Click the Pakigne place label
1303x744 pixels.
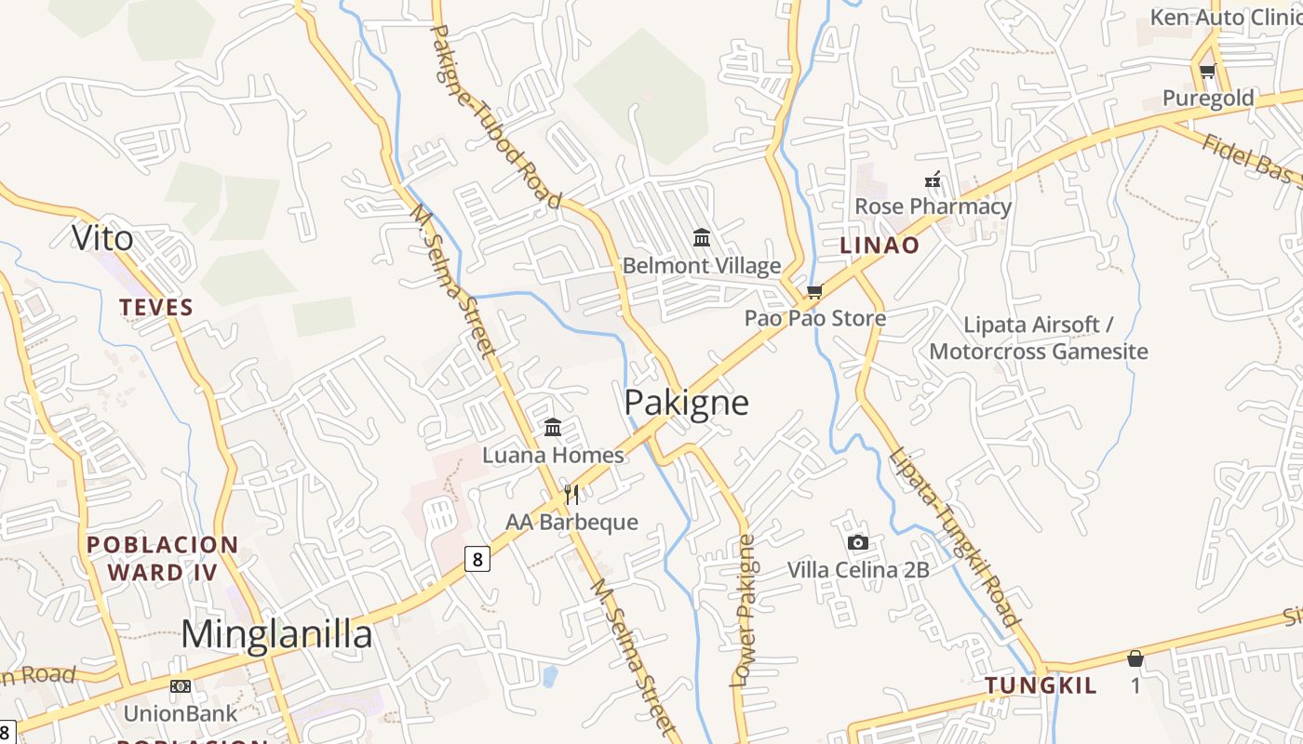pos(686,403)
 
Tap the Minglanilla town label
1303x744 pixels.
pos(276,634)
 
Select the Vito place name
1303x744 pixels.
pos(102,239)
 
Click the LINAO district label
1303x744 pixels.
pos(880,246)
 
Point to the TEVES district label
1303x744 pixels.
pos(156,308)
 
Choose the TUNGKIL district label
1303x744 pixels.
pos(1041,686)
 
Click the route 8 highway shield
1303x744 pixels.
pos(477,559)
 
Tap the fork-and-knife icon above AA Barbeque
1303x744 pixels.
pos(571,494)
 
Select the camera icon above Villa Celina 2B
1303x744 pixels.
pos(858,542)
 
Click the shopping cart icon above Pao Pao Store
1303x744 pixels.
pos(815,291)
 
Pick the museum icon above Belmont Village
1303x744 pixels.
pos(702,238)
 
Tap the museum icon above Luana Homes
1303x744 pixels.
pos(553,427)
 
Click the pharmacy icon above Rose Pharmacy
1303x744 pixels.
pos(933,179)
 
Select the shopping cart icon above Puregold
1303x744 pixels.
pos(1207,72)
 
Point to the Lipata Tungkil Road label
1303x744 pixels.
pos(953,538)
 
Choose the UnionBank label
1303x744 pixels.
pos(181,714)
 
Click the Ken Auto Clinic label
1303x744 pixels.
pos(1223,18)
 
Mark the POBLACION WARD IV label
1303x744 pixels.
pos(163,558)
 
